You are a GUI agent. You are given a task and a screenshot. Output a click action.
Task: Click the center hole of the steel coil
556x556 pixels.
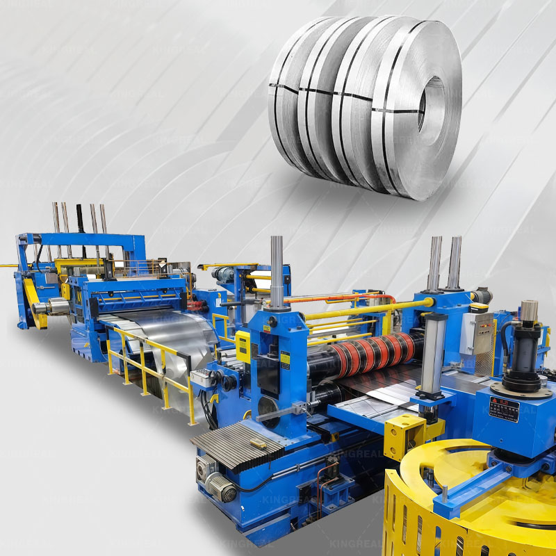[432, 104]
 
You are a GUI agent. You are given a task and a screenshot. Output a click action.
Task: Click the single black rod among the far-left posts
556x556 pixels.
[79, 218]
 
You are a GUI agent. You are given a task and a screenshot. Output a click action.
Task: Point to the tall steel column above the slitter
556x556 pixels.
[277, 271]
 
